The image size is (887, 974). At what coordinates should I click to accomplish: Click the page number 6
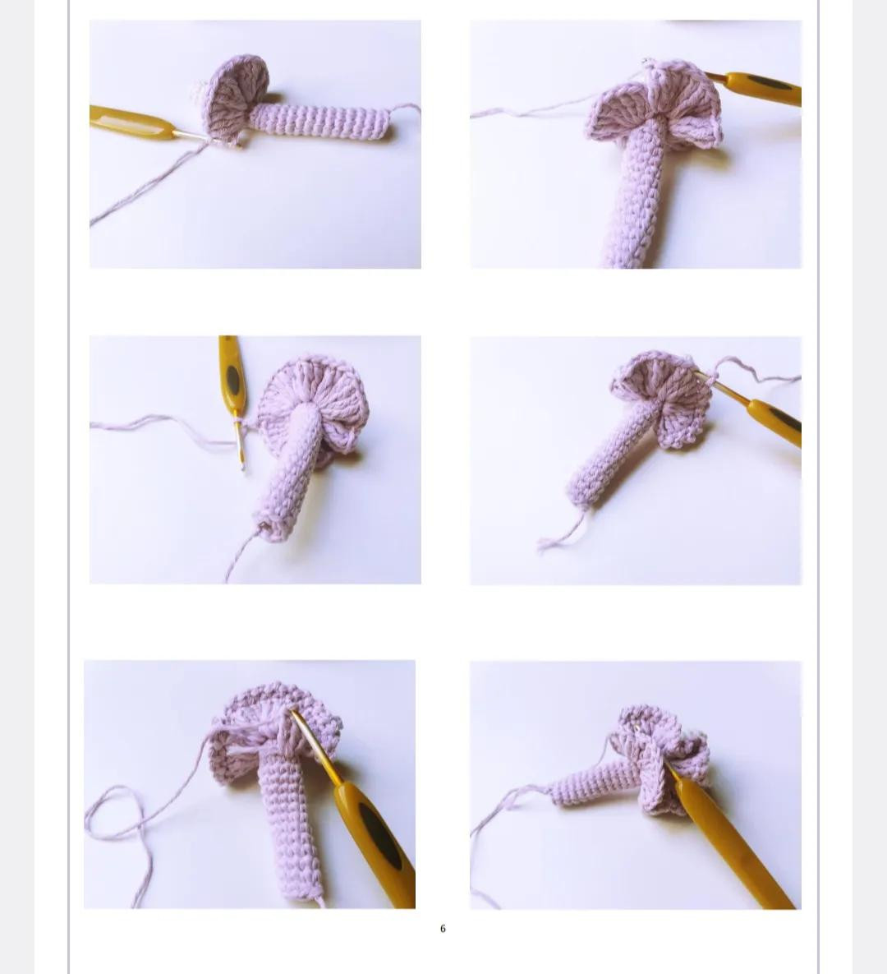pyautogui.click(x=443, y=928)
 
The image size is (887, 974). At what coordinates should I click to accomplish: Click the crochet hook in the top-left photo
pyautogui.click(x=131, y=123)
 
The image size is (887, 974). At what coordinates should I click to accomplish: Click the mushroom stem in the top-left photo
pyautogui.click(x=320, y=121)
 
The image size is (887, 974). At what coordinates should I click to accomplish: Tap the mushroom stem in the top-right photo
pyautogui.click(x=637, y=197)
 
